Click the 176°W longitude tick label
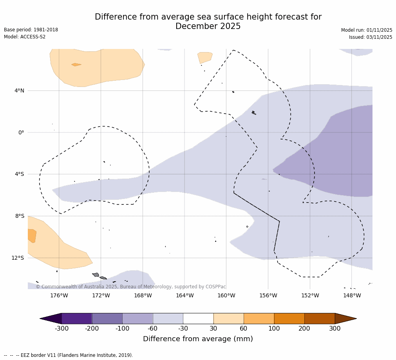[59, 295]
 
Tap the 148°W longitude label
[352, 295]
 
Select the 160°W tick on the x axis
[226, 295]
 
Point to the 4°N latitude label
[19, 90]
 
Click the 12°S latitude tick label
[18, 258]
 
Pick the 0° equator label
[21, 132]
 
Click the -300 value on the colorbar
[61, 329]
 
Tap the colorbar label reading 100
[274, 329]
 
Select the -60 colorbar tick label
[152, 329]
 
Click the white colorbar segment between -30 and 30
[198, 318]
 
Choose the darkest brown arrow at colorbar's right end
[345, 318]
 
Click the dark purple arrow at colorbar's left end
[51, 318]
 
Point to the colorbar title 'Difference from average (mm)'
[198, 339]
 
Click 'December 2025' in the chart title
[208, 27]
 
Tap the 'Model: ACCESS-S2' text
[25, 37]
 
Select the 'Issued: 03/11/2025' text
[371, 37]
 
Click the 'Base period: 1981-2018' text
[31, 30]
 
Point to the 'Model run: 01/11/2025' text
[367, 30]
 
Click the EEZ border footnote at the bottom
[69, 355]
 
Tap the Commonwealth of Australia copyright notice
[131, 287]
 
